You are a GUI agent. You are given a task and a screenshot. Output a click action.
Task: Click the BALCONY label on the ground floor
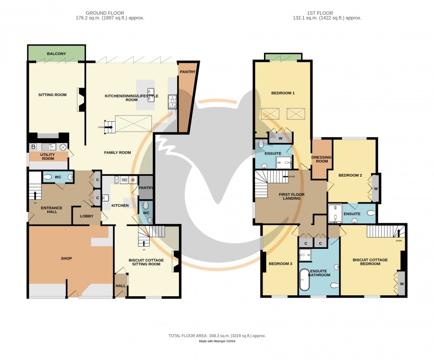tap(56, 54)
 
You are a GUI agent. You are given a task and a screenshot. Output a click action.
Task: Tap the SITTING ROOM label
tap(52, 95)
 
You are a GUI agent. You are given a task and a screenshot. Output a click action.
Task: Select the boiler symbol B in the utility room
tap(33, 147)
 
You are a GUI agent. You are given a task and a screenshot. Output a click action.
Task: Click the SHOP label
tap(66, 258)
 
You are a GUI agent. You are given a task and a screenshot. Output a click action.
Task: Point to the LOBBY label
tap(86, 216)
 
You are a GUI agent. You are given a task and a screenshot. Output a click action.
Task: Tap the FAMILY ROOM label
tap(117, 153)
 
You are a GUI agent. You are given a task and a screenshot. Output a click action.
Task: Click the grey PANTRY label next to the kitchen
tap(146, 188)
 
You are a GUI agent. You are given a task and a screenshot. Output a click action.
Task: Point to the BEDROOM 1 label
tap(283, 93)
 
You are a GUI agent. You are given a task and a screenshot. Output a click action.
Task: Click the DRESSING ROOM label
tap(322, 159)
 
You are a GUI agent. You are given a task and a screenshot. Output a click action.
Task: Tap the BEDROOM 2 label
tap(350, 175)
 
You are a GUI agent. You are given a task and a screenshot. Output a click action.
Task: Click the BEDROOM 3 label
tap(280, 264)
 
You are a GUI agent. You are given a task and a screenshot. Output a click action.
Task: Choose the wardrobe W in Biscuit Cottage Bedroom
tap(402, 283)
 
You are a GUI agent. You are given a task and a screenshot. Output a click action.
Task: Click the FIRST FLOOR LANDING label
tap(290, 196)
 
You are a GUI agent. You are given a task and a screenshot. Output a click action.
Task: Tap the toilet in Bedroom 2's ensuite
tap(370, 213)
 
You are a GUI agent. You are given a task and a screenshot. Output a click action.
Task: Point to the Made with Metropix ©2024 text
tap(217, 341)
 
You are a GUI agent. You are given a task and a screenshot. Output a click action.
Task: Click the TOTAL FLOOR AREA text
tap(217, 336)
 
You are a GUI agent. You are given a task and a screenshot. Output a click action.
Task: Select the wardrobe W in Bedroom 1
tap(280, 138)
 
